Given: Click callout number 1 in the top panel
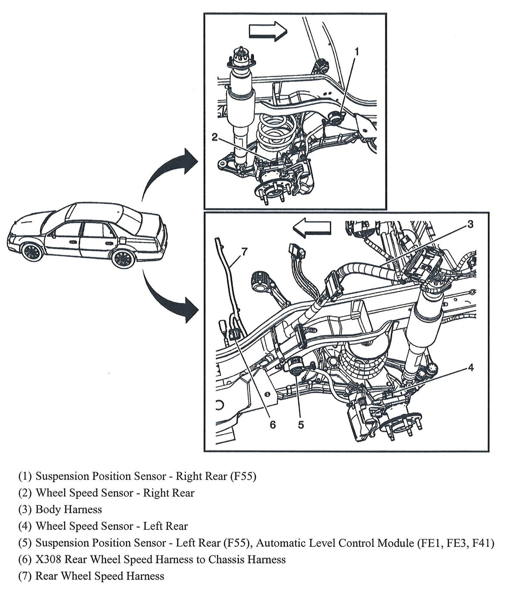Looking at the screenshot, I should (357, 51).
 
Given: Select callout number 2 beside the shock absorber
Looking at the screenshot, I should (215, 137).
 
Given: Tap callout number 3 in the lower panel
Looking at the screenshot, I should (470, 224).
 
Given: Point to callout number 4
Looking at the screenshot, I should (470, 367).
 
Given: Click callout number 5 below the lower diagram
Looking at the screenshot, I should (301, 425).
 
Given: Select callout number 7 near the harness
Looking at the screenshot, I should (244, 251).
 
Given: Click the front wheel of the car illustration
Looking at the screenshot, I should (32, 252).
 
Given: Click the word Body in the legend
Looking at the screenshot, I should (48, 509).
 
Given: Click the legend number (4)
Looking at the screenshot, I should (25, 526).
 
